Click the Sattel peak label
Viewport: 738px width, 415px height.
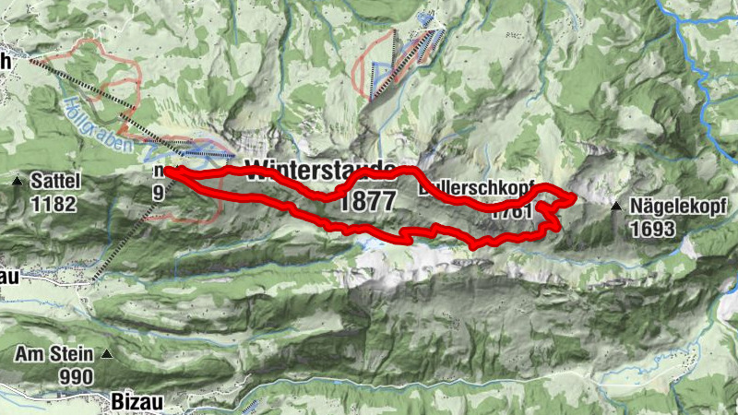[56, 181]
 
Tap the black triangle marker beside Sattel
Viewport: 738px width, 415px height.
[17, 181]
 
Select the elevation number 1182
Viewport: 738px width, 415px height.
[53, 204]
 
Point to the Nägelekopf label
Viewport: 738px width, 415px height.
[669, 207]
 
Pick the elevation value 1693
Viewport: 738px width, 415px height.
[655, 230]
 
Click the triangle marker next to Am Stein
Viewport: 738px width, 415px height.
[108, 354]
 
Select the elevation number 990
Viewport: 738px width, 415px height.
[75, 376]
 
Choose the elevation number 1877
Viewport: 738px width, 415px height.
[366, 201]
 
